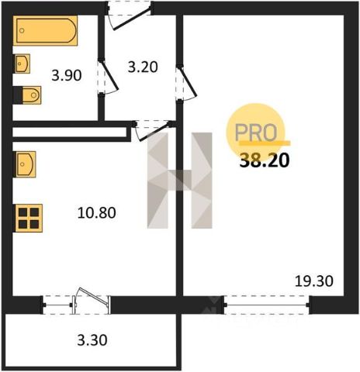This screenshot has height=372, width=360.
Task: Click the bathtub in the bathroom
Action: point(45,30)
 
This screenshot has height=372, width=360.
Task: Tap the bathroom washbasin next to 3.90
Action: point(22,64)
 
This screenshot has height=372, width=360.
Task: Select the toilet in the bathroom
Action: point(27,95)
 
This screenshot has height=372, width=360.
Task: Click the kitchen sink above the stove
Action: point(25,164)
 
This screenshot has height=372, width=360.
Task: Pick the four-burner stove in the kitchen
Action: point(28,218)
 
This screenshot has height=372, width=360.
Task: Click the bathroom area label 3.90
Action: point(67,76)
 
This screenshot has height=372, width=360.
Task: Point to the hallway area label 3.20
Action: point(143,67)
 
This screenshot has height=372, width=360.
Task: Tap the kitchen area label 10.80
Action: point(97,213)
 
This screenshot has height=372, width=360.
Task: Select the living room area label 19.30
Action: point(314,281)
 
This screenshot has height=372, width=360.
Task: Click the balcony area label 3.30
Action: point(92,340)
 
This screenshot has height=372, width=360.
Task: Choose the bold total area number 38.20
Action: point(265,160)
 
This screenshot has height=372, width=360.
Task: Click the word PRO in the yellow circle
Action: point(256,133)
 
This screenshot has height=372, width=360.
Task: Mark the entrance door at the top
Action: point(130,15)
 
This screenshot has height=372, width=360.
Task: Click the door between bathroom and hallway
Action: point(107,77)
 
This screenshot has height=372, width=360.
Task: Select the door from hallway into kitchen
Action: point(153,130)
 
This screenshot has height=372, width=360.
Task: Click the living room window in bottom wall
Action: point(267,305)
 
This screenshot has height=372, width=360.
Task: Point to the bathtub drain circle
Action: point(22,30)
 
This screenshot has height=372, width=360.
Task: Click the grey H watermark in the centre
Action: point(180,181)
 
